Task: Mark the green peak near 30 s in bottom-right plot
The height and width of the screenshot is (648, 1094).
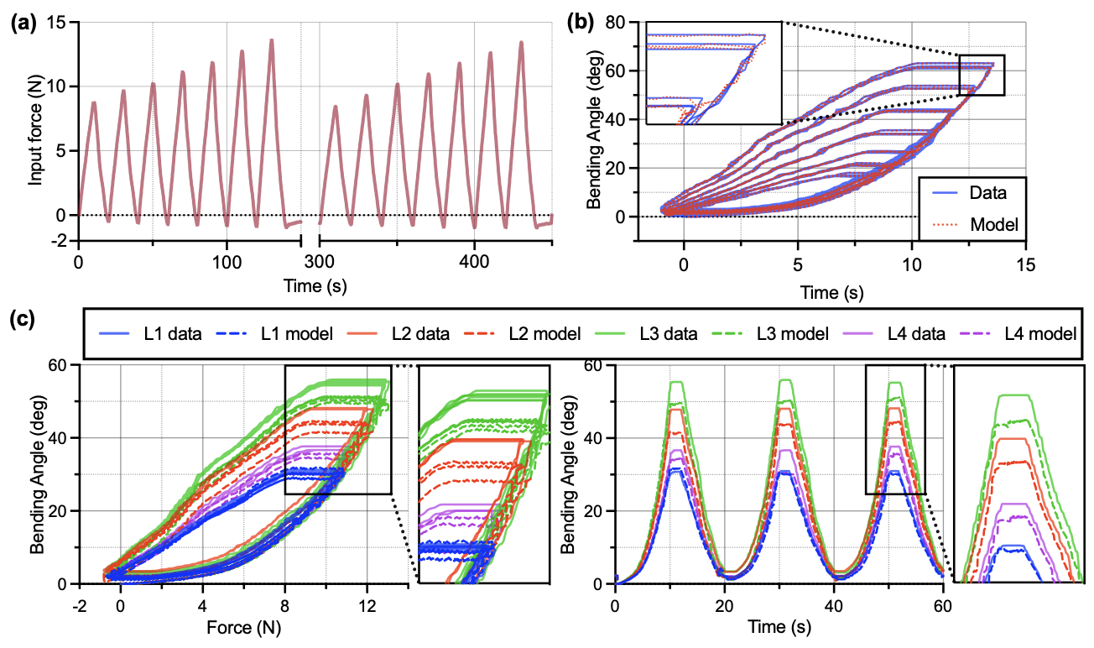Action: click(786, 380)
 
